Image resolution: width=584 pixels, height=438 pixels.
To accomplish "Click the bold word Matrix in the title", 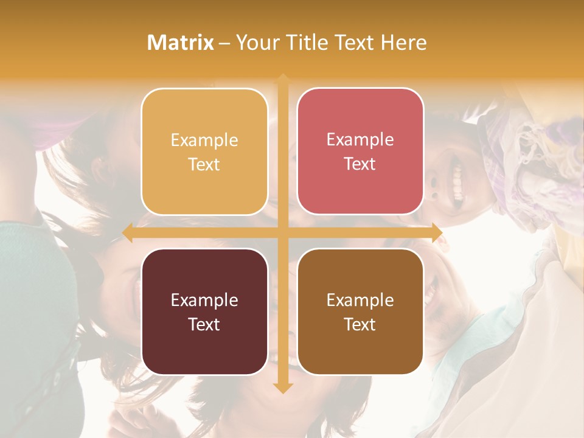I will pyautogui.click(x=181, y=43).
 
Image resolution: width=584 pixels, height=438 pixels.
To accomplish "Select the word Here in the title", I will pyautogui.click(x=403, y=43).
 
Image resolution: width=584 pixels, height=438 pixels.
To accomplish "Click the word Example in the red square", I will pyautogui.click(x=360, y=140).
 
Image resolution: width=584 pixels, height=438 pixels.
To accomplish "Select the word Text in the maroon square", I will pyautogui.click(x=204, y=324).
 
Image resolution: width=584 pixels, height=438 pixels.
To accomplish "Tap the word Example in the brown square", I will pyautogui.click(x=360, y=300).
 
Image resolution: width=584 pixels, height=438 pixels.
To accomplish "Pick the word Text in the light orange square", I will pyautogui.click(x=204, y=164).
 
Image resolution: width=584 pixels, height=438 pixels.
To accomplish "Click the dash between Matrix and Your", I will pyautogui.click(x=224, y=43).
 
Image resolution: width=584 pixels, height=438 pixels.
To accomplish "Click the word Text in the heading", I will pyautogui.click(x=353, y=43).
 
